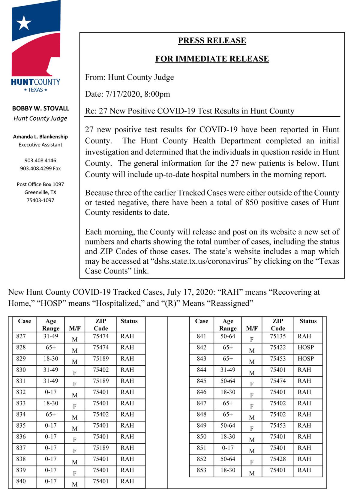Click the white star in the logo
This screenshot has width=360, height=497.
(x=24, y=23)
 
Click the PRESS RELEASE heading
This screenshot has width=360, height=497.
(x=212, y=41)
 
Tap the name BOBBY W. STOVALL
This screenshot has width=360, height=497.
(x=40, y=108)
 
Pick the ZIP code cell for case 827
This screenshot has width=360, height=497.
(x=100, y=336)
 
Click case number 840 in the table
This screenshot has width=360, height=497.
(x=21, y=481)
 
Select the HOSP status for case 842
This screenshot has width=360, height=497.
(x=305, y=347)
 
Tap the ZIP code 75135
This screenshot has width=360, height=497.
(x=278, y=336)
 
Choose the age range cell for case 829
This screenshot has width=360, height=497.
(x=51, y=358)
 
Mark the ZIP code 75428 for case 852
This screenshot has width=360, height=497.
(x=278, y=459)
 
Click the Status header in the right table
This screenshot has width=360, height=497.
(x=308, y=321)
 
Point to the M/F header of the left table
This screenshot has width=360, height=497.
(x=75, y=328)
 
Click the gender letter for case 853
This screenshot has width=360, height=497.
(x=252, y=473)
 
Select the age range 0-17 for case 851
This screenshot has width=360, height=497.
(x=228, y=448)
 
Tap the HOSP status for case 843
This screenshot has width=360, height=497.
(x=305, y=358)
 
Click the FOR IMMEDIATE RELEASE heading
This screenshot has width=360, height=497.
(x=212, y=59)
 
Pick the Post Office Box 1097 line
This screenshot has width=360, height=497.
(x=40, y=184)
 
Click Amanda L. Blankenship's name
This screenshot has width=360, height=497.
(x=40, y=137)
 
